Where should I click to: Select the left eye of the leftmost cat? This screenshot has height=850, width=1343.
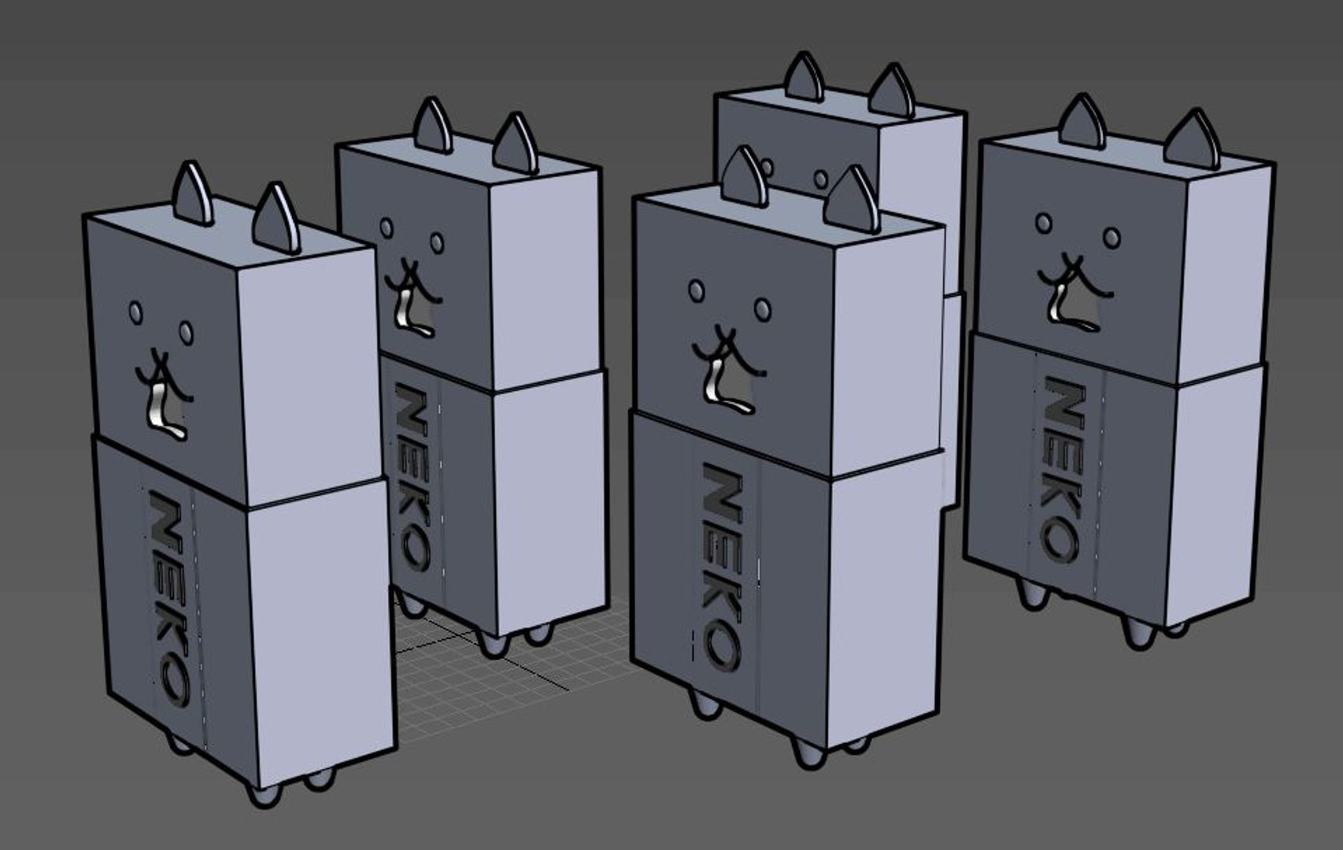(x=136, y=312)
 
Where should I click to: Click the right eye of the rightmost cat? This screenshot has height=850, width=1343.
(x=1111, y=237)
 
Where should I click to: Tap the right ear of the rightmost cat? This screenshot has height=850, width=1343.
(x=1193, y=140)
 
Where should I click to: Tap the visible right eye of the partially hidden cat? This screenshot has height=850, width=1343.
(x=821, y=179)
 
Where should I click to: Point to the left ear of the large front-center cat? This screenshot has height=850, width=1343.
(x=744, y=177)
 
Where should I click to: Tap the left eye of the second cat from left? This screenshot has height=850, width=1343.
(x=386, y=228)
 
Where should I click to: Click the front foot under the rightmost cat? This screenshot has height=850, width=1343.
(x=1138, y=632)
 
